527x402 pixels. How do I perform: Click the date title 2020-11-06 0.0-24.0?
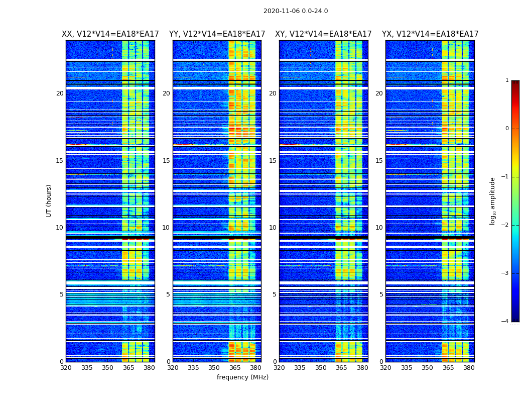click(x=296, y=11)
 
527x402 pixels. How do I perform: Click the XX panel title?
click(x=110, y=34)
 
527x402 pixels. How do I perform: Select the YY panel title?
click(x=217, y=34)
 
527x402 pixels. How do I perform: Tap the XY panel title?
click(x=323, y=34)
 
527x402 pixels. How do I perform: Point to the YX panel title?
click(x=430, y=34)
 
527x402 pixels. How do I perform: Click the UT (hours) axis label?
click(x=49, y=200)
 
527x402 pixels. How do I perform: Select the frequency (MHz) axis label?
click(x=242, y=377)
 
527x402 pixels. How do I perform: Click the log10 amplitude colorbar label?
click(x=493, y=200)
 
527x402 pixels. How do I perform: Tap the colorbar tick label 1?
click(x=507, y=80)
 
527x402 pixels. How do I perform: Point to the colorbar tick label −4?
click(x=505, y=322)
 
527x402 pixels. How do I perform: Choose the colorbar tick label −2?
click(x=505, y=225)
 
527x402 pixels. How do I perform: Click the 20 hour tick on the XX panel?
click(x=60, y=93)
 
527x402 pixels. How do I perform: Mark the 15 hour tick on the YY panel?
click(x=166, y=161)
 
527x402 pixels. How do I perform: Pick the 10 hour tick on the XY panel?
click(x=273, y=228)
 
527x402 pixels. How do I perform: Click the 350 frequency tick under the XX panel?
click(x=107, y=368)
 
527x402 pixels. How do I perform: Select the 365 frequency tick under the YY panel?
click(x=235, y=368)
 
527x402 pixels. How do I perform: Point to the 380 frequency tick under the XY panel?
click(x=362, y=368)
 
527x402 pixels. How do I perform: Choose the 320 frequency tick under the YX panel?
click(x=385, y=368)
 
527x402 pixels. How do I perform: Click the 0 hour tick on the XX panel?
click(x=62, y=362)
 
